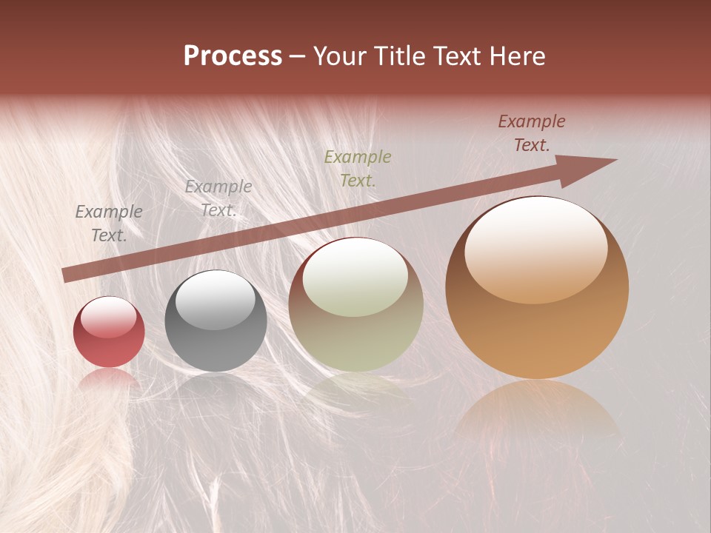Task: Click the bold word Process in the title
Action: (x=233, y=56)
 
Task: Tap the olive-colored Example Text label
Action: (x=358, y=168)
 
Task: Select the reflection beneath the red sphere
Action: (x=109, y=378)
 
